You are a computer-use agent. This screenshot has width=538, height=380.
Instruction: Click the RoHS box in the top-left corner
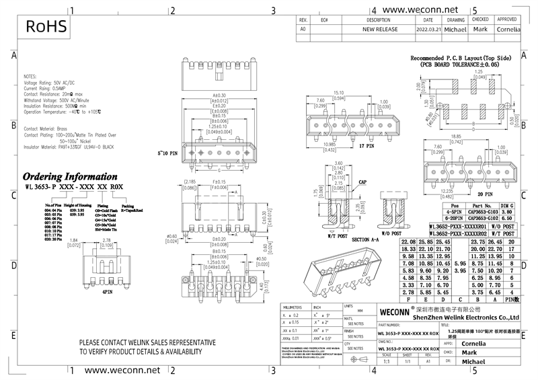(x=46, y=26)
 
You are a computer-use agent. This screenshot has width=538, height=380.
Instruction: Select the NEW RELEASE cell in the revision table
(x=380, y=30)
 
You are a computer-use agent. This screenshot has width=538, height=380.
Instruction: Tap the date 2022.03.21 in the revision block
(x=428, y=30)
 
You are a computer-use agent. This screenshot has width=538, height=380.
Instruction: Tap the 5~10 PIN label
(x=166, y=153)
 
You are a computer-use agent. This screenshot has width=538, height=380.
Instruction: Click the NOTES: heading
(x=31, y=77)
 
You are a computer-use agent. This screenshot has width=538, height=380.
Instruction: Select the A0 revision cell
(x=303, y=30)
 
